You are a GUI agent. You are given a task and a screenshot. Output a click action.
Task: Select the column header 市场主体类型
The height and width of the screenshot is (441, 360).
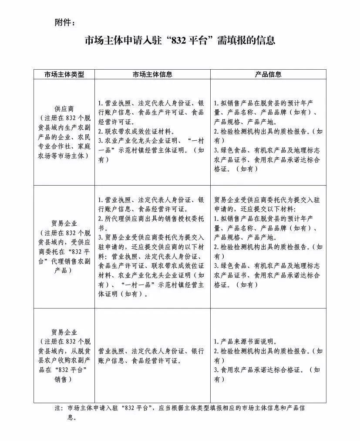tap(64, 74)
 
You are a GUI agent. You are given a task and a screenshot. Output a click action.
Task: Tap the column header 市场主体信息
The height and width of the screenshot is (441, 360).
tap(152, 74)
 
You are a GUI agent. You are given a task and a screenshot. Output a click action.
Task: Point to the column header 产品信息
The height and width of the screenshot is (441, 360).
tap(268, 74)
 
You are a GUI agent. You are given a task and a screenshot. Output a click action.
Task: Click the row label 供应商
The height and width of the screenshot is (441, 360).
tap(64, 108)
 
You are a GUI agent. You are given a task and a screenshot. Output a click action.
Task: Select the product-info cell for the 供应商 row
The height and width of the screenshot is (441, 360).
tap(268, 136)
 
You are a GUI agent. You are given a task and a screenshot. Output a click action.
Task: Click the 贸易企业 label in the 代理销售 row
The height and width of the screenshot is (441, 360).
tap(64, 223)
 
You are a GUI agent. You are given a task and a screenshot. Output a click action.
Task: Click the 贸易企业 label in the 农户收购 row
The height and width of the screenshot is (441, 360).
tap(64, 332)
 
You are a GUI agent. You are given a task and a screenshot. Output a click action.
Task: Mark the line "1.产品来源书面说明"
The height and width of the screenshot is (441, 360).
tap(246, 341)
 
